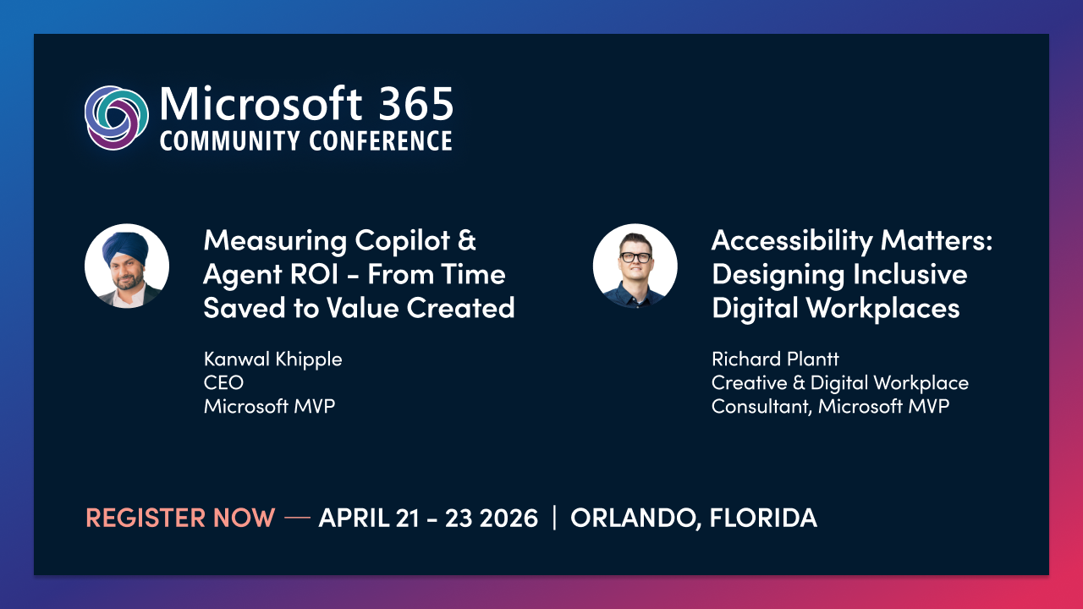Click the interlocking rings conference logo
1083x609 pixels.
coord(117,118)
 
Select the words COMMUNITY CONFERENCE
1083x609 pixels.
coord(305,140)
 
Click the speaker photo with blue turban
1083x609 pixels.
coord(127,266)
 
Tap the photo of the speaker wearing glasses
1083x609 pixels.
coord(635,266)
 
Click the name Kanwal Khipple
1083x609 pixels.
coord(272,359)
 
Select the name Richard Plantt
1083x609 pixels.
coord(776,359)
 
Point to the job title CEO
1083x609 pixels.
coord(223,382)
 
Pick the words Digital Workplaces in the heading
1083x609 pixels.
coord(835,308)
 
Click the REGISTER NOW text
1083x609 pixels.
coord(180,518)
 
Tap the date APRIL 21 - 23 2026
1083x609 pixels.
coord(428,518)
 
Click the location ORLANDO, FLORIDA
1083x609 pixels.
coord(694,518)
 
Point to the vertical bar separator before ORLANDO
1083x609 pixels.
coord(554,518)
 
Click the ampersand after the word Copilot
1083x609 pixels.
coord(466,240)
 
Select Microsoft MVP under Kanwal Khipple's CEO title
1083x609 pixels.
coord(269,406)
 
